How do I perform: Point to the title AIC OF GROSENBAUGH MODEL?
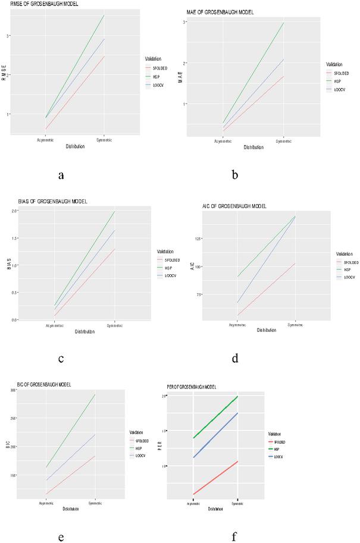(x=234, y=206)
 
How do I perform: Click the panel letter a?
(x=61, y=175)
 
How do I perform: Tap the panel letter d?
(x=235, y=358)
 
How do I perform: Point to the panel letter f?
(x=234, y=536)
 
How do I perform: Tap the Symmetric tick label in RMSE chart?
(x=104, y=140)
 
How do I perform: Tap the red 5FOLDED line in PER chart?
(x=215, y=478)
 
